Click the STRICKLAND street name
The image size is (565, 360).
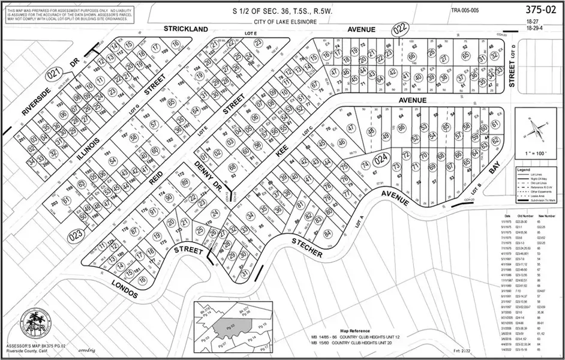[187, 29]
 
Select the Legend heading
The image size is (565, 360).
[525, 170]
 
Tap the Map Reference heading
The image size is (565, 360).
[352, 331]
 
